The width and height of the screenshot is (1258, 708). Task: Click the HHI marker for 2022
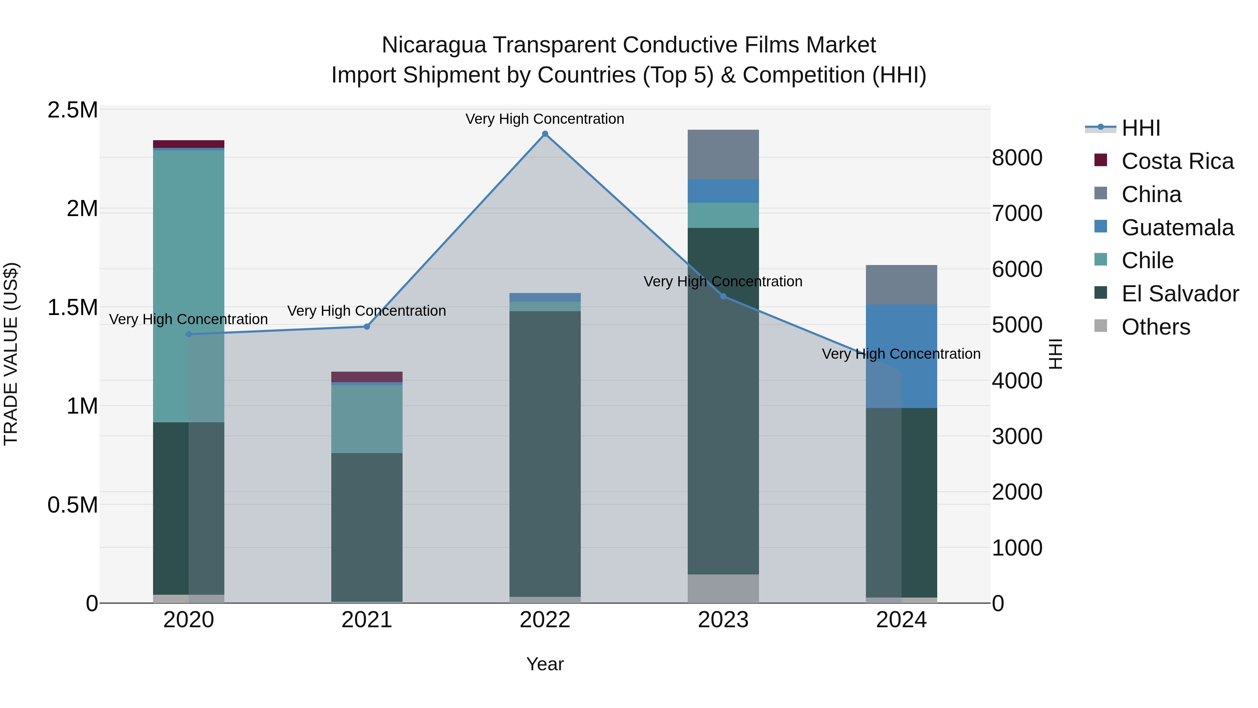click(545, 134)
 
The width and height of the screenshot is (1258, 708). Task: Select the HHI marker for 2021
click(367, 327)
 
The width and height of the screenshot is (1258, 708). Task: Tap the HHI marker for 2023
click(723, 296)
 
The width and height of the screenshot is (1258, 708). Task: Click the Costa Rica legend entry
click(1177, 161)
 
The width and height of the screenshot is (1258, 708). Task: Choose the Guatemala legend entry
click(1177, 228)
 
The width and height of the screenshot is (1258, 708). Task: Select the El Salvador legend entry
click(1179, 294)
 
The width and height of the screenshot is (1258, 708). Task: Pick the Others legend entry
click(1156, 327)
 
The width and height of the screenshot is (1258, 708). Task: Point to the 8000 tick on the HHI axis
click(1017, 158)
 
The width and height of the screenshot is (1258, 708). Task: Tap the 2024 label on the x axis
click(901, 620)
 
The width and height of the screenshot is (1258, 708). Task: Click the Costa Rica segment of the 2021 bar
click(367, 377)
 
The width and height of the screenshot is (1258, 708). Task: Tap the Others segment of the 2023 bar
click(723, 588)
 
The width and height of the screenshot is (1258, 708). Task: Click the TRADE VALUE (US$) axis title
click(11, 354)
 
